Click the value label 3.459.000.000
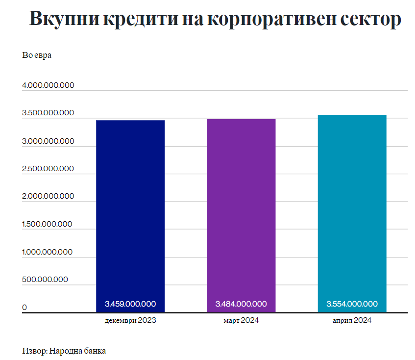pyautogui.click(x=130, y=304)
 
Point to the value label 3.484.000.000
pyautogui.click(x=241, y=304)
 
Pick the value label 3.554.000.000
pyautogui.click(x=352, y=304)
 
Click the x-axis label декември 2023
pyautogui.click(x=130, y=321)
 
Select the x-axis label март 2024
pyautogui.click(x=241, y=321)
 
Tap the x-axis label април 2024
pyautogui.click(x=352, y=321)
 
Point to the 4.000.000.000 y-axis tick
pyautogui.click(x=49, y=85)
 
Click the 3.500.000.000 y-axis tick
pyautogui.click(x=49, y=113)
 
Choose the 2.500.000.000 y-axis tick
pyautogui.click(x=49, y=169)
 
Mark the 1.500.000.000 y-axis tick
pyautogui.click(x=48, y=224)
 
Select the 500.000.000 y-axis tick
pyautogui.click(x=45, y=280)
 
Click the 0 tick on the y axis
pyautogui.click(x=24, y=308)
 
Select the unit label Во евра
pyautogui.click(x=37, y=55)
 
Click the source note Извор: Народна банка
pyautogui.click(x=64, y=351)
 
